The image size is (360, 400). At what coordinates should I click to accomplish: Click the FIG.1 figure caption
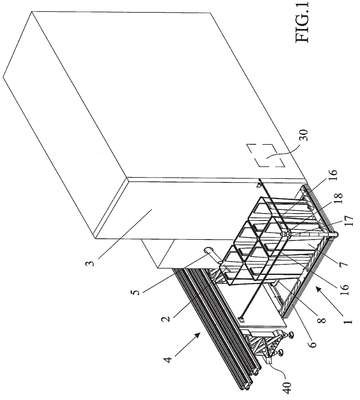pos(303,21)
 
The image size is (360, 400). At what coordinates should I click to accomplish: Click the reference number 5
pos(136,291)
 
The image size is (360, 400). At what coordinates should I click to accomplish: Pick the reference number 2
pos(166,315)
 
